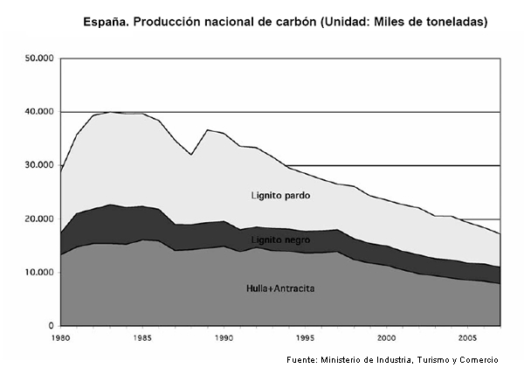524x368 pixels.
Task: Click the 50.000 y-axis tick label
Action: pos(39,59)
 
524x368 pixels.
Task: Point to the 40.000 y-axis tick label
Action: pos(39,111)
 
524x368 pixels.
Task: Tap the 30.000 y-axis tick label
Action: pos(39,165)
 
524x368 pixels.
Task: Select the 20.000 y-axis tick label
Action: pos(39,219)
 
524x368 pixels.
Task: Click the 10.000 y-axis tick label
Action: pos(39,273)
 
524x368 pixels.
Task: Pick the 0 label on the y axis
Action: pos(51,325)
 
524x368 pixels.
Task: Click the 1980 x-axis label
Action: pos(61,338)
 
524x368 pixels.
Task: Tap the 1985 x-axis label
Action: pos(142,338)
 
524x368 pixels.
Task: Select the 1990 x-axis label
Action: pos(224,338)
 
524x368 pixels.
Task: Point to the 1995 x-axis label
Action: pos(305,338)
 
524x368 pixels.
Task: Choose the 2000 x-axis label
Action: pos(387,338)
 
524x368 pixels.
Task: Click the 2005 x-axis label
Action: pos(468,338)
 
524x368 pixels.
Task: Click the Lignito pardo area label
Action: pos(280,196)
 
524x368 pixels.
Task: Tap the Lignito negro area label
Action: pos(280,240)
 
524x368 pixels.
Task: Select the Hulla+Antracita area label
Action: pos(280,288)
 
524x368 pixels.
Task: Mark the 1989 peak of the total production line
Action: pos(208,129)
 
